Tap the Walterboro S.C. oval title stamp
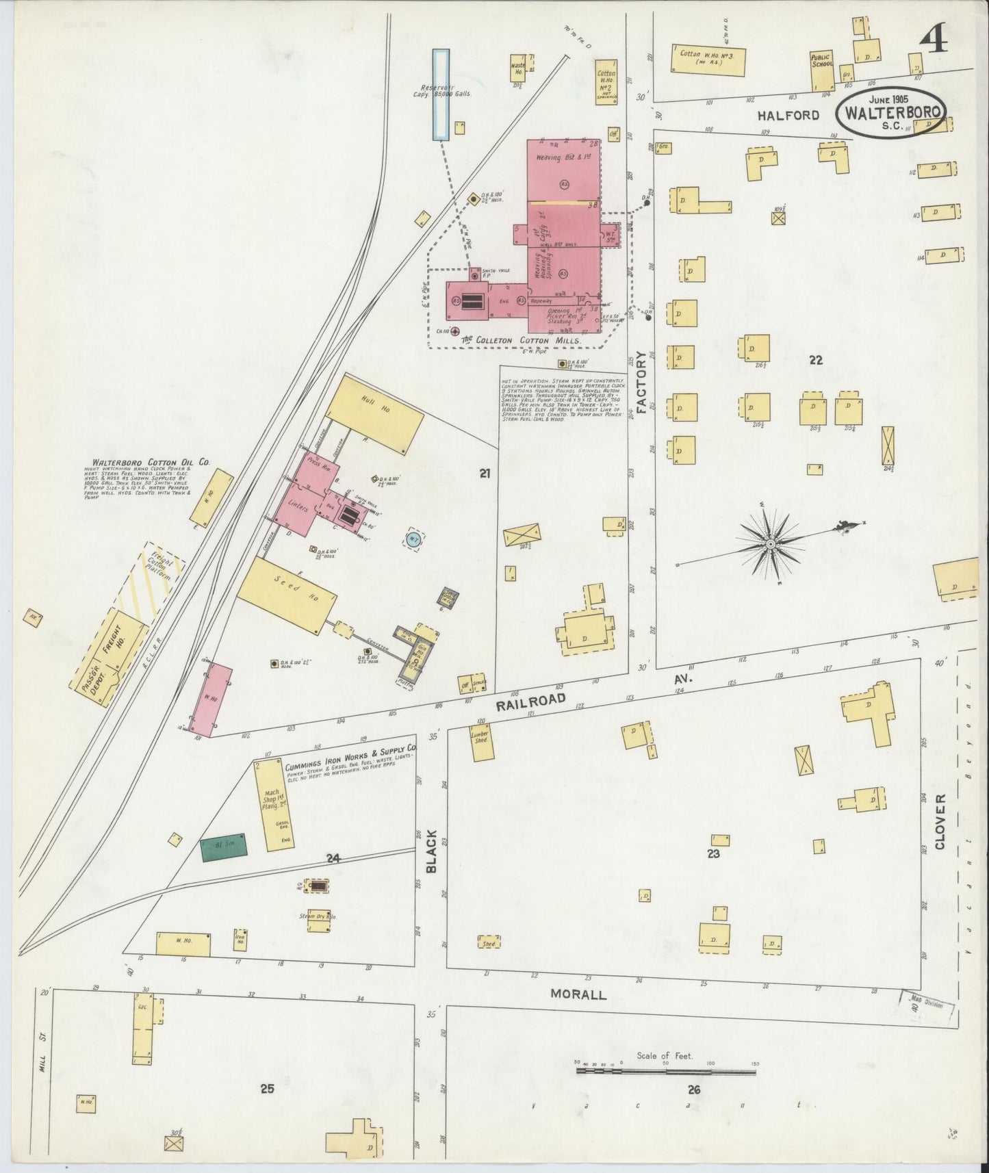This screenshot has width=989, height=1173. click(891, 114)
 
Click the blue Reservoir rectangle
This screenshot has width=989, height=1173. click(441, 94)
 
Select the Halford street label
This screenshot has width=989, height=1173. click(788, 115)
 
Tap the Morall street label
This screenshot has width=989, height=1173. click(578, 994)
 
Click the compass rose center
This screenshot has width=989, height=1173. click(771, 543)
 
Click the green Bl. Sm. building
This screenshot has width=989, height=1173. click(223, 847)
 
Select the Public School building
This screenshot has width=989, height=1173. click(822, 70)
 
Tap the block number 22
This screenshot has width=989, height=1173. click(815, 360)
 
